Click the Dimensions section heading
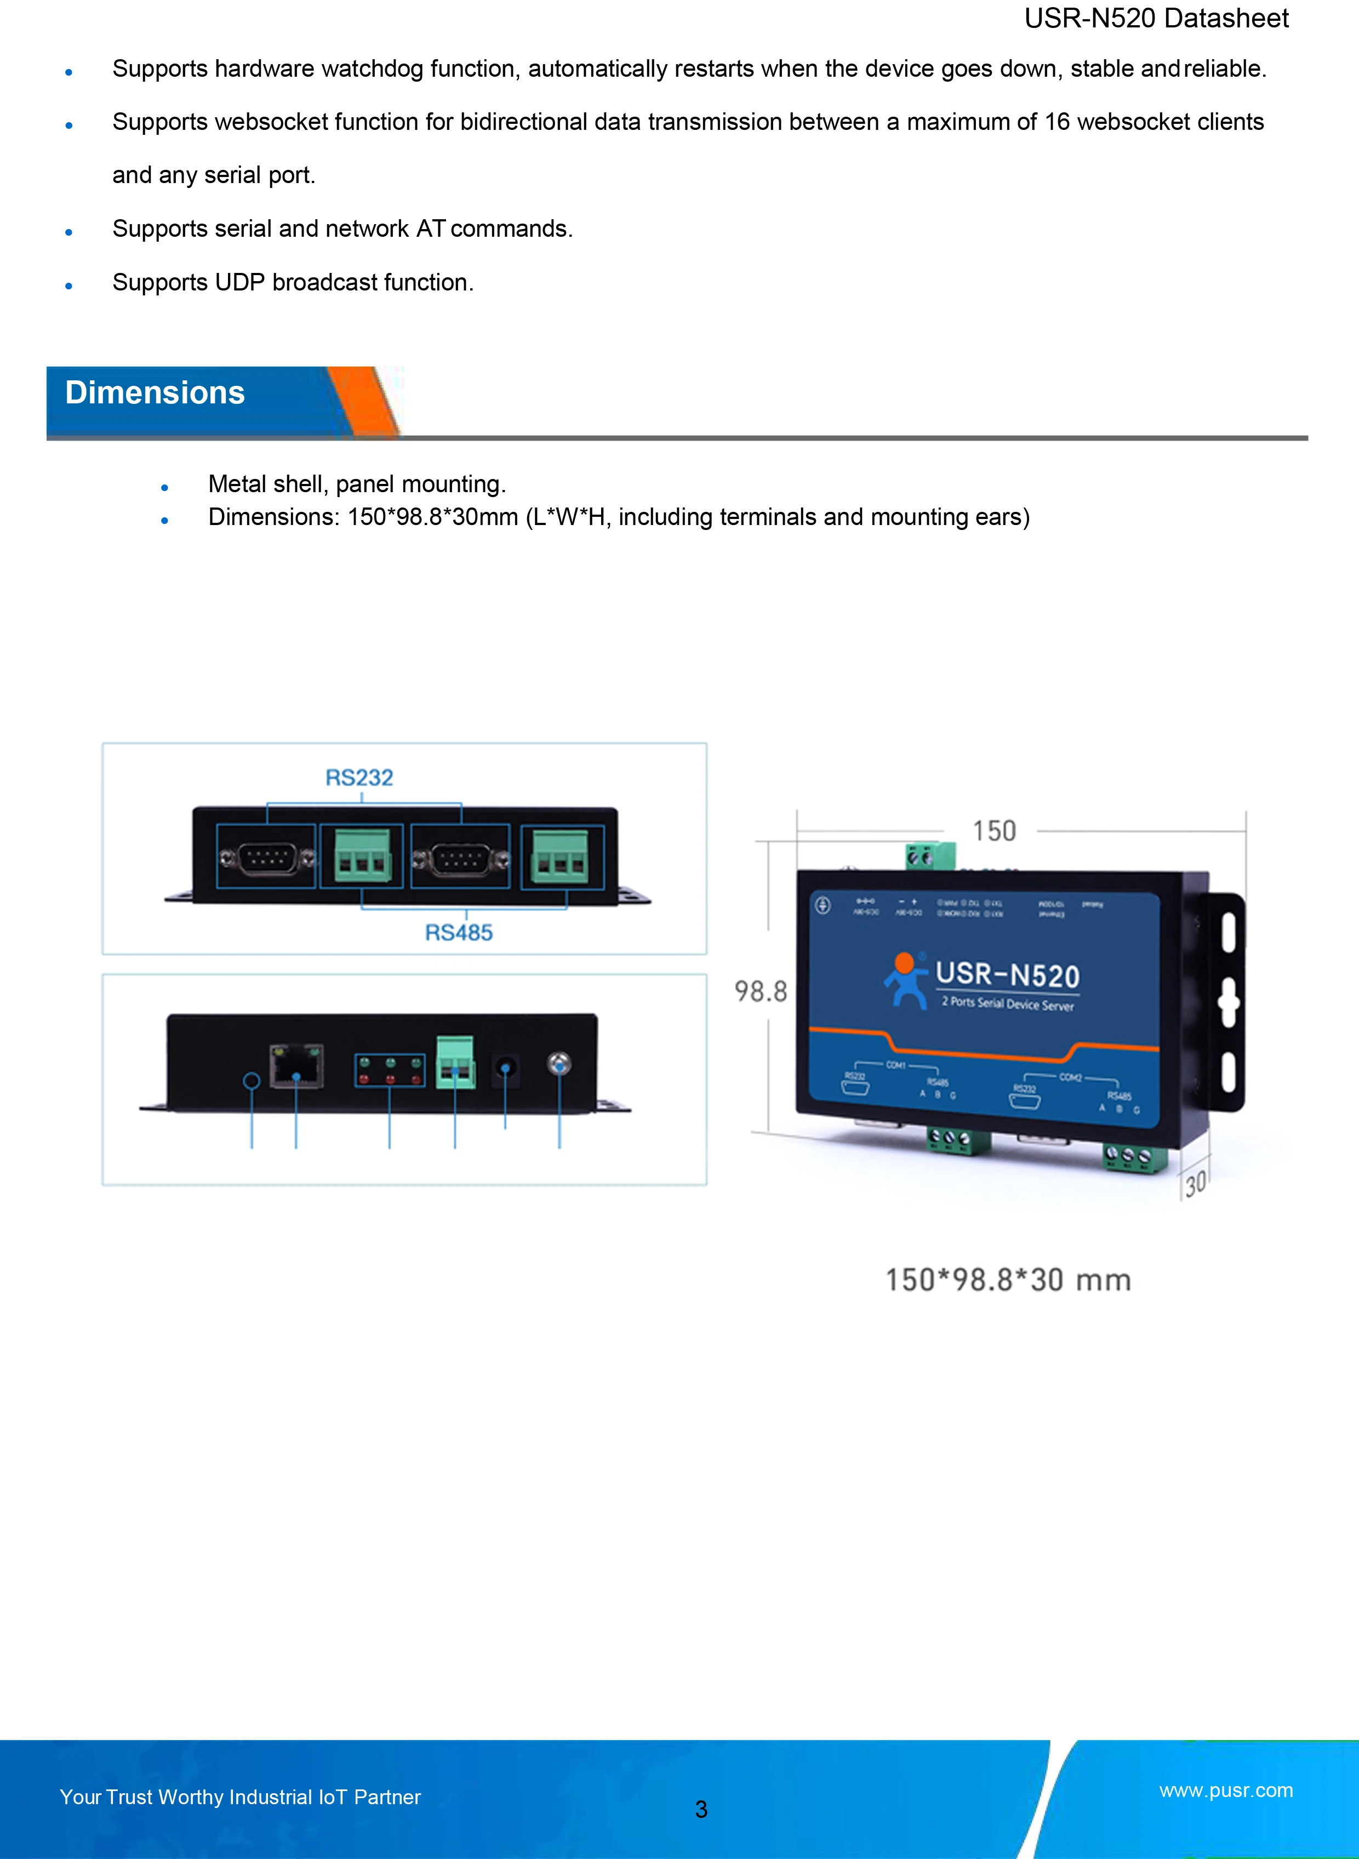click(x=155, y=393)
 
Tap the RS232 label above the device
click(x=359, y=777)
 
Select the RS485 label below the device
click(x=458, y=932)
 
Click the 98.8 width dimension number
click(x=760, y=991)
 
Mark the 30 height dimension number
click(x=1195, y=1184)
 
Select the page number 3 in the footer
click(x=701, y=1809)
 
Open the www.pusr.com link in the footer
click(x=1226, y=1790)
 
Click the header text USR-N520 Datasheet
click(x=1156, y=18)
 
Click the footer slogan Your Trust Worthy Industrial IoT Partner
click(x=240, y=1797)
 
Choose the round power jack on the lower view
click(x=505, y=1069)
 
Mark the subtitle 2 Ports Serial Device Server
click(x=1008, y=1003)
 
